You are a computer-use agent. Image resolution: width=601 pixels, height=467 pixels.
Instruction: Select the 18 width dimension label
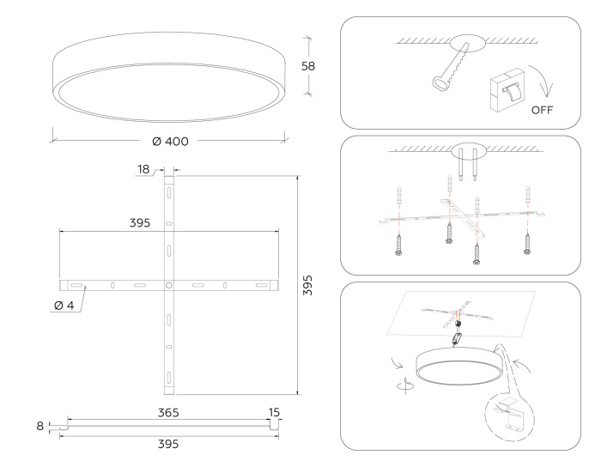click(143, 170)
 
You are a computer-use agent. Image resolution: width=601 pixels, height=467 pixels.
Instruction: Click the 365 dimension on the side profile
click(168, 413)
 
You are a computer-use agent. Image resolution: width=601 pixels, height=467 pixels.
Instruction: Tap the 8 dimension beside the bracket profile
click(39, 424)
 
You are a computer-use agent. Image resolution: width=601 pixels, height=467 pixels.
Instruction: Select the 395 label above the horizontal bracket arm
click(140, 222)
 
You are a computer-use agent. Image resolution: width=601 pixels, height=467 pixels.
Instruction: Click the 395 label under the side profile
click(168, 444)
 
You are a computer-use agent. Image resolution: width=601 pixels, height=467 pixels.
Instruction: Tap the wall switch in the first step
click(506, 89)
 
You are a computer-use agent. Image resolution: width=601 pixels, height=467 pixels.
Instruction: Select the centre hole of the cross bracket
click(169, 284)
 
